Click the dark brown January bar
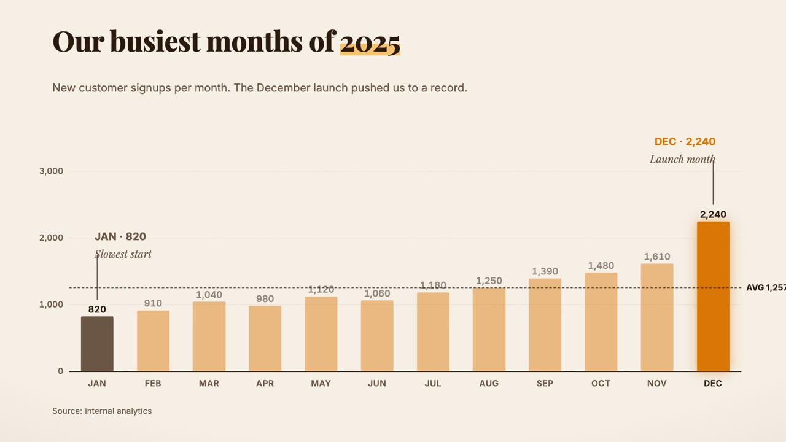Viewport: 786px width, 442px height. (97, 344)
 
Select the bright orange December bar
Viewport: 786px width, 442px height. (713, 297)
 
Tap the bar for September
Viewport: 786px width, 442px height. (545, 325)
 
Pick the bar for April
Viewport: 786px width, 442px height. (265, 338)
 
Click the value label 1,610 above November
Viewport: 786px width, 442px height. (657, 257)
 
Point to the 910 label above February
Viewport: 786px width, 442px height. (153, 303)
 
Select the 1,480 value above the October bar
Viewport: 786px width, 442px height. (601, 266)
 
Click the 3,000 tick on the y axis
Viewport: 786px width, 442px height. (51, 171)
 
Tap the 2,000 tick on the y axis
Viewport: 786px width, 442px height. (51, 238)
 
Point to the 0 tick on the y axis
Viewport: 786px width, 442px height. (61, 371)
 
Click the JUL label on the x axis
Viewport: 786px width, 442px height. (433, 384)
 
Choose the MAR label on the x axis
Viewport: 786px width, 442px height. (209, 384)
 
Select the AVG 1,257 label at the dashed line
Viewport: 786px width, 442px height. (766, 288)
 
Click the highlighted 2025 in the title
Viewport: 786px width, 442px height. (370, 43)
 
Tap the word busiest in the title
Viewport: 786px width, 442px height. (155, 42)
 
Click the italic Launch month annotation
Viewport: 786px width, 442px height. (682, 160)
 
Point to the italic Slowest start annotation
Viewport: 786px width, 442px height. (123, 254)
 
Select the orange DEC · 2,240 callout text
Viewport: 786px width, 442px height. (685, 142)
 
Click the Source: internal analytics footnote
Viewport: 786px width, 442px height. (102, 411)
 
